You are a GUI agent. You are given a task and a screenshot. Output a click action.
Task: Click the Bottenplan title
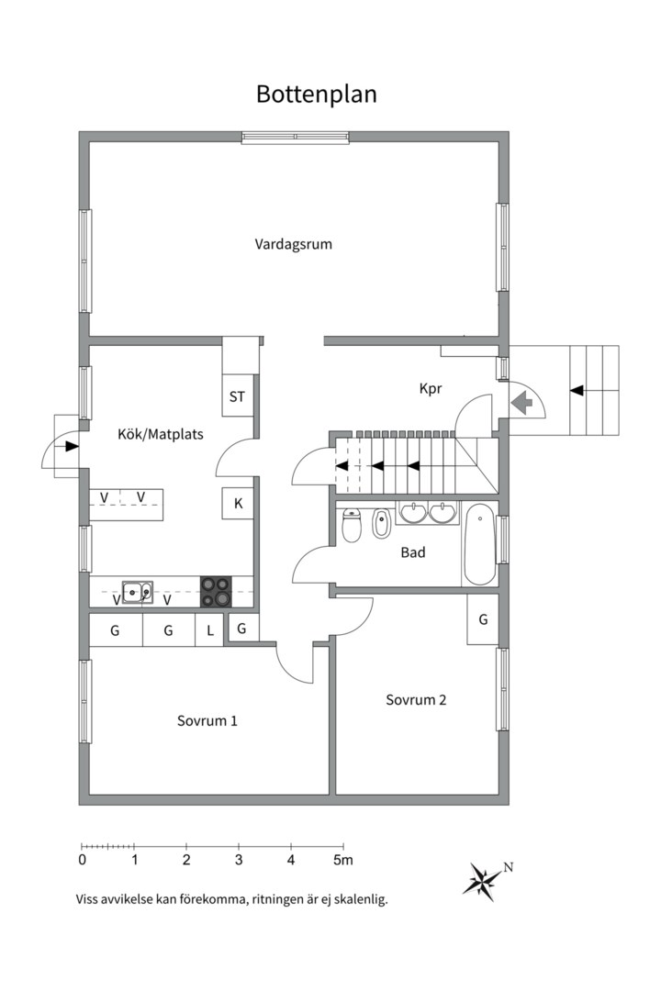(x=317, y=95)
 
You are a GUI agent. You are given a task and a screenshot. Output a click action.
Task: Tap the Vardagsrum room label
(x=293, y=245)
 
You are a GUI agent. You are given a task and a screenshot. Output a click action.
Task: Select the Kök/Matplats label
(x=161, y=434)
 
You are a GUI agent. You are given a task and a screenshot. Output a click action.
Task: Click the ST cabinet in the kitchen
(x=237, y=397)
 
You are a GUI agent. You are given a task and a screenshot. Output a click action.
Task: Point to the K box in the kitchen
(x=238, y=503)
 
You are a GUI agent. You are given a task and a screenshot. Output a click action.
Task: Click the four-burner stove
(x=217, y=592)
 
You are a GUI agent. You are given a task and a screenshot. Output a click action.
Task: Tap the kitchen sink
(x=137, y=593)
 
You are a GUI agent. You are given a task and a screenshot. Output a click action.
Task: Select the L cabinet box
(x=209, y=630)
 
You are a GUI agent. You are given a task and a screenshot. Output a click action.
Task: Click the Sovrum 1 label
(x=207, y=721)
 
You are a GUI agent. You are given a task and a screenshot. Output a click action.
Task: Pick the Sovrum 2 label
(x=416, y=700)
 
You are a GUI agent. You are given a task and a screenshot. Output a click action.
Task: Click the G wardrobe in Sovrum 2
(x=483, y=619)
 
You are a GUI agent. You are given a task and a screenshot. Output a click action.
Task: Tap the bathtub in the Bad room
(x=479, y=544)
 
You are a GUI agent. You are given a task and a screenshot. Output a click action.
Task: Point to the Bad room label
(x=412, y=552)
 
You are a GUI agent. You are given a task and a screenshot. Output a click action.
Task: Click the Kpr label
(x=431, y=388)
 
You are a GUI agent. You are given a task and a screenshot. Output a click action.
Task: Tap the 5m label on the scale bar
(x=343, y=861)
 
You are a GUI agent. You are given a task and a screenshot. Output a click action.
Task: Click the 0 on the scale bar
(x=83, y=861)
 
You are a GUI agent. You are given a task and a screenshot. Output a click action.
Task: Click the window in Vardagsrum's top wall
(x=295, y=138)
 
